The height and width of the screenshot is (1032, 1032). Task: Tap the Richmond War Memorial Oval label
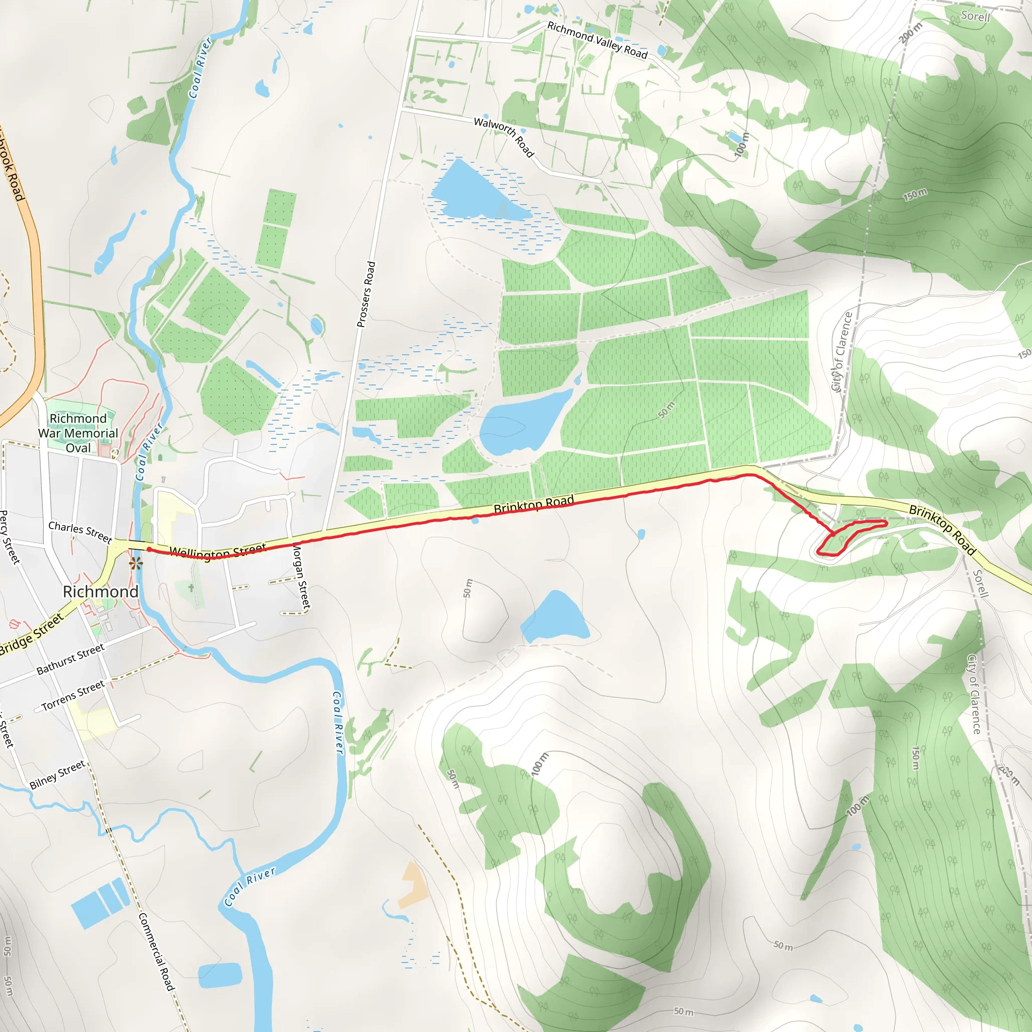[78, 433]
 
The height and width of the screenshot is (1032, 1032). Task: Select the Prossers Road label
[366, 294]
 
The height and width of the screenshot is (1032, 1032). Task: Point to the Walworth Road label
[504, 137]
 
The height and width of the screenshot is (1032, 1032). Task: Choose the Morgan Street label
[302, 576]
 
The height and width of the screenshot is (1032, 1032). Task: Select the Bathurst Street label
[71, 659]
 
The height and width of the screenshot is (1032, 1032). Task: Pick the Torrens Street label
[73, 695]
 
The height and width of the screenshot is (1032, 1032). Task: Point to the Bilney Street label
[57, 775]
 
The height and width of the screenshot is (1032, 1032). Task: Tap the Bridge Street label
[31, 634]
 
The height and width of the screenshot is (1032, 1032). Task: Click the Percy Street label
[9, 537]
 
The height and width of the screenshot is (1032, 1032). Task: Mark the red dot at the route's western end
[149, 549]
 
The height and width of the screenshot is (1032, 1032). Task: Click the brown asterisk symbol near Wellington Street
[136, 563]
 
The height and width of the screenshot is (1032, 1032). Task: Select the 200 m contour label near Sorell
[910, 33]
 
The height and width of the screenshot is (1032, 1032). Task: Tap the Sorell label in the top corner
[975, 16]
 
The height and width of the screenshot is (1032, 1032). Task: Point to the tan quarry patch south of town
[414, 883]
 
